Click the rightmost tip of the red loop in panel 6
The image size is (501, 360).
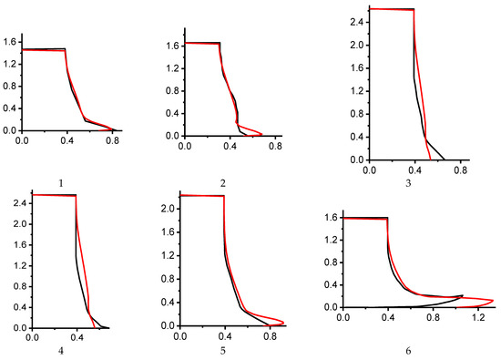(493, 301)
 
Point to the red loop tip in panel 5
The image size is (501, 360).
(284, 321)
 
